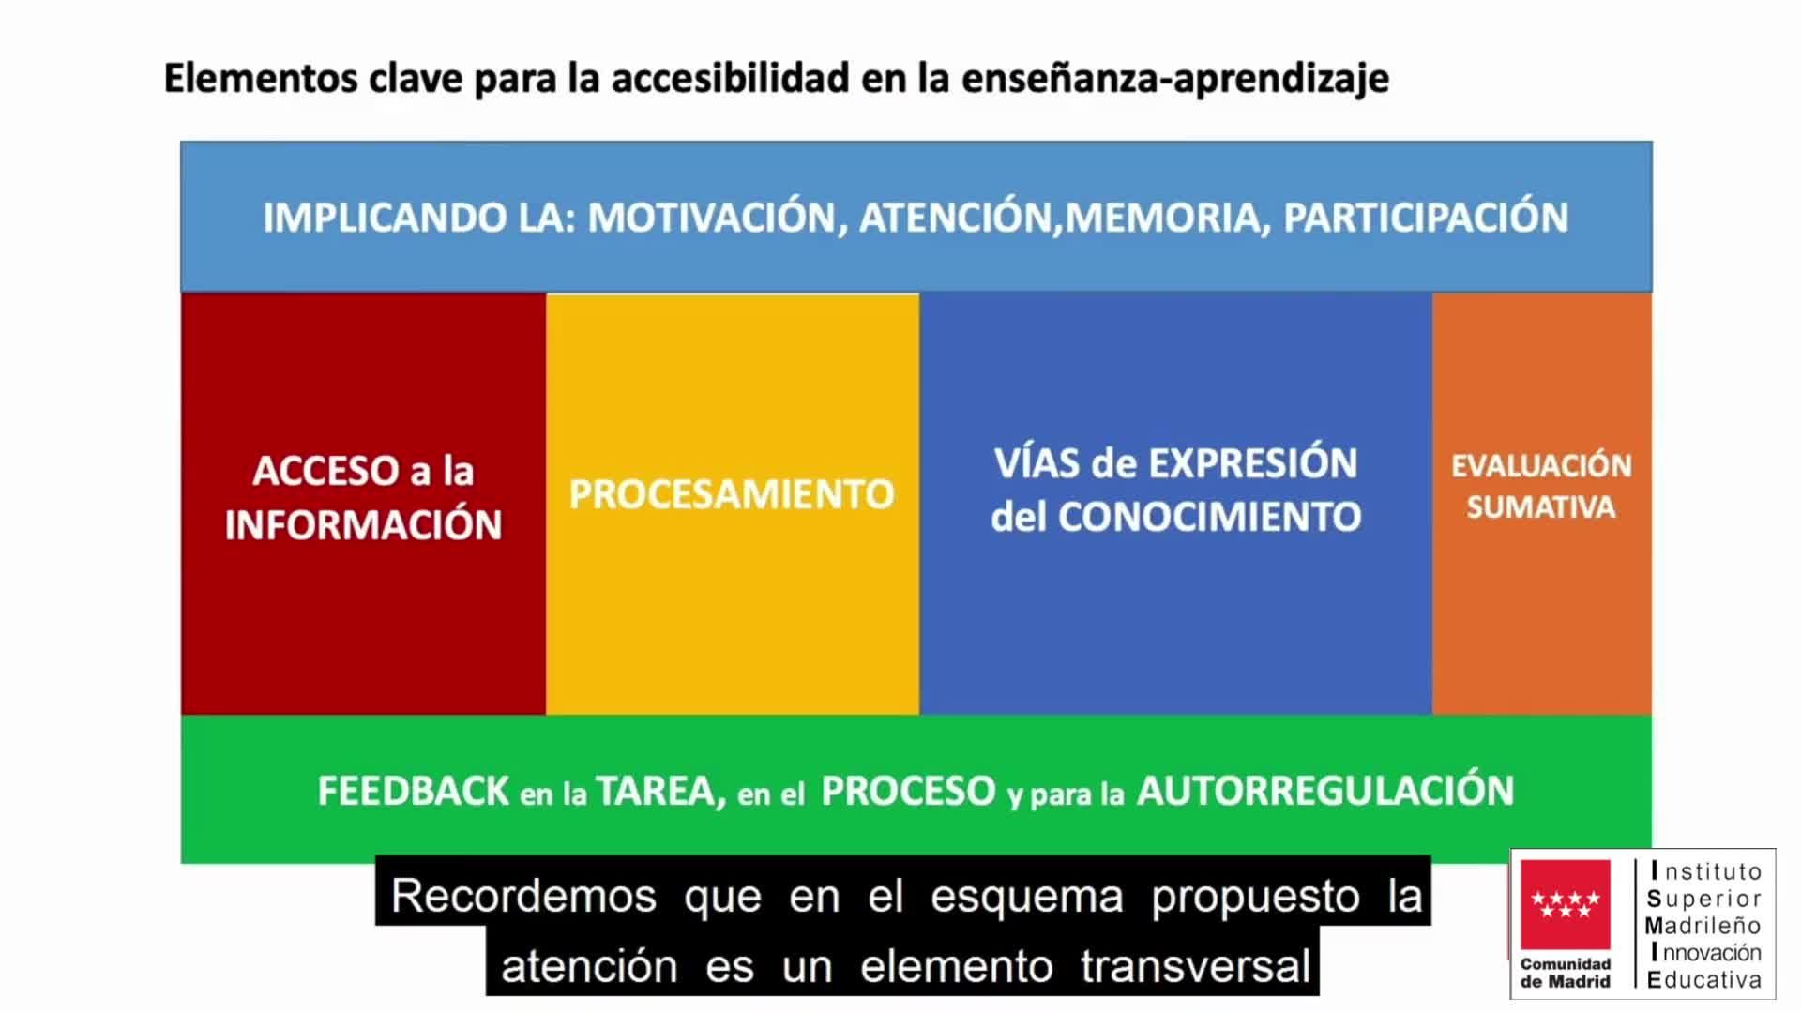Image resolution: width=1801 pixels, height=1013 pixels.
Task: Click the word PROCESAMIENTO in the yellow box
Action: (x=732, y=494)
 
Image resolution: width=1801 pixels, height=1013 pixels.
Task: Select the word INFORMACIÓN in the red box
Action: (x=363, y=524)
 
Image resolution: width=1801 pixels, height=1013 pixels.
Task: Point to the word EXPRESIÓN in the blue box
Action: (x=1253, y=462)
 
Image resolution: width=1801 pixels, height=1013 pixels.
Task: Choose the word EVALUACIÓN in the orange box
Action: (x=1541, y=465)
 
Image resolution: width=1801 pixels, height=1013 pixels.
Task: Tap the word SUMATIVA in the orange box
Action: (x=1541, y=507)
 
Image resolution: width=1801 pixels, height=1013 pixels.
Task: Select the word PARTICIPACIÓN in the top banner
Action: (x=1426, y=218)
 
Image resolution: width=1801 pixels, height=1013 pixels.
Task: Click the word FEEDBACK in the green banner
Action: (x=413, y=791)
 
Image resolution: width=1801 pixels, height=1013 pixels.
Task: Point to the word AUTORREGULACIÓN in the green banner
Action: (x=1325, y=790)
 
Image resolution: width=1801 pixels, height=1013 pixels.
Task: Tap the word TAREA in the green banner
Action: (x=659, y=792)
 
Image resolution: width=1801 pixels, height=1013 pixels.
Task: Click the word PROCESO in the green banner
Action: (x=908, y=791)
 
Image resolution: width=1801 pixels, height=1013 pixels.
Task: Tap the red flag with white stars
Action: (x=1566, y=904)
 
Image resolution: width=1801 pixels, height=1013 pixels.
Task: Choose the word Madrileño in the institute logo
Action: (x=1703, y=926)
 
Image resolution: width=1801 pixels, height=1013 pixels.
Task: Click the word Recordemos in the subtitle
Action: (x=523, y=896)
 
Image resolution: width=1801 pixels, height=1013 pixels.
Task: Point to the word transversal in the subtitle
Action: (x=1195, y=966)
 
